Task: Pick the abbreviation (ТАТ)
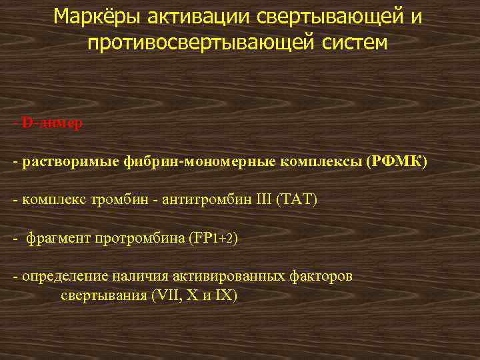297,200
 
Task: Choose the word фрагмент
58,238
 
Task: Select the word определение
58,276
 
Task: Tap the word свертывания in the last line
103,295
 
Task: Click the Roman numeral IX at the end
223,295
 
